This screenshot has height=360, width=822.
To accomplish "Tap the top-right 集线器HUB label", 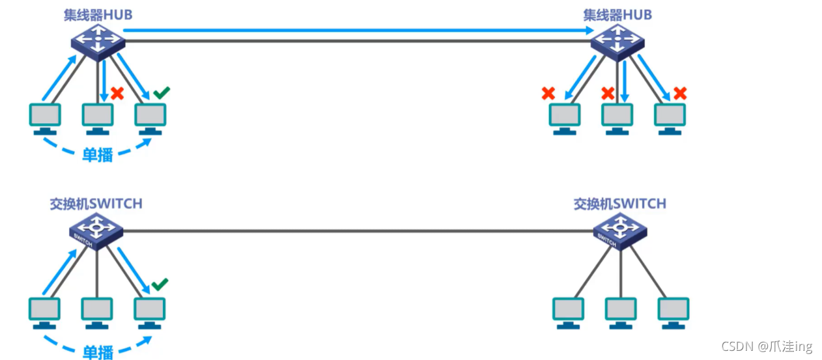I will (617, 14).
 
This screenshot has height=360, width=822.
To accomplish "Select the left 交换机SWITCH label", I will (96, 204).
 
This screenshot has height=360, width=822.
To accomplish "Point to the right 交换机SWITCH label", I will (619, 204).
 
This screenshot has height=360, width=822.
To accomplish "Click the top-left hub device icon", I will (97, 42).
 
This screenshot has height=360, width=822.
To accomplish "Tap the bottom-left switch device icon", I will (96, 231).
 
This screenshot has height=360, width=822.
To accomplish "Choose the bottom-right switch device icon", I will (619, 232).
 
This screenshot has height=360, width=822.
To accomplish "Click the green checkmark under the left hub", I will (161, 94).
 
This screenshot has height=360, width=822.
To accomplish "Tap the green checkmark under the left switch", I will (160, 284).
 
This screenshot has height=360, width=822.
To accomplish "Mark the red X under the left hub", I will (117, 93).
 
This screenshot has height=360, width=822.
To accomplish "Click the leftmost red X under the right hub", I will (548, 94).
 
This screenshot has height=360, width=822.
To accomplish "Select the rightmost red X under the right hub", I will (680, 93).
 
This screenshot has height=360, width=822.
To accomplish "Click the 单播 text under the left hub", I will (98, 155).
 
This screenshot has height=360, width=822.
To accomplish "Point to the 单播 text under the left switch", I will (98, 352).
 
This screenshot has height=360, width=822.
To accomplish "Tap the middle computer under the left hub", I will (98, 118).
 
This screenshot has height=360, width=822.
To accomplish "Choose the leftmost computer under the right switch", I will (568, 311).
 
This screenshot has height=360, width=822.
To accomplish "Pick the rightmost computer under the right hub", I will (670, 118).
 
